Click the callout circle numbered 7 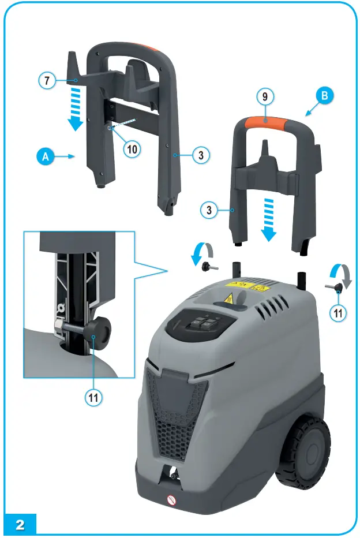[48, 81]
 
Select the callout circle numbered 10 [132, 148]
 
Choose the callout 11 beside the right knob [339, 313]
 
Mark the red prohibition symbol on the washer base [171, 498]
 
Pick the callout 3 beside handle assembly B [209, 210]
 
